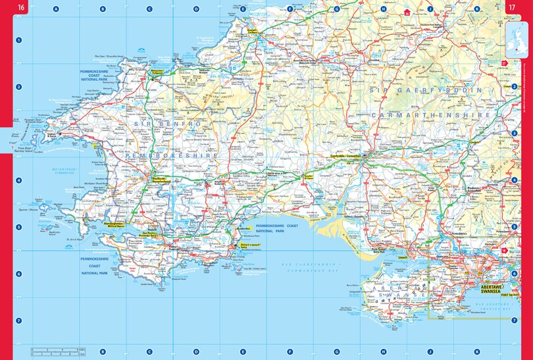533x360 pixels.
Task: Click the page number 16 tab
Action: pyautogui.click(x=22, y=8)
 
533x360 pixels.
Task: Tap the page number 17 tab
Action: pyautogui.click(x=511, y=8)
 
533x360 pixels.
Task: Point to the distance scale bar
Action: pyautogui.click(x=59, y=350)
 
